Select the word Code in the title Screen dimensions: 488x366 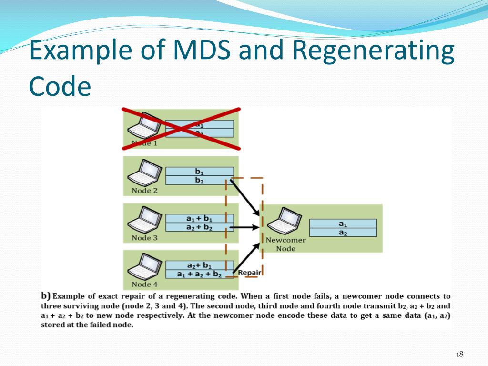pyautogui.click(x=60, y=86)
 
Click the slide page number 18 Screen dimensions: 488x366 pyautogui.click(x=460, y=354)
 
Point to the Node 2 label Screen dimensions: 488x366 pyautogui.click(x=144, y=191)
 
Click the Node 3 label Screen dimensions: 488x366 pyautogui.click(x=144, y=238)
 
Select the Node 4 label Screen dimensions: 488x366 pyautogui.click(x=144, y=285)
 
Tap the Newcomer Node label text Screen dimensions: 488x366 pyautogui.click(x=285, y=244)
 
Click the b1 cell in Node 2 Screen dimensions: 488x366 pyautogui.click(x=200, y=172)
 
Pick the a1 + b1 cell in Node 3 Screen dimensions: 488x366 pyautogui.click(x=200, y=218)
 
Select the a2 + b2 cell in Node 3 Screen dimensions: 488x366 pyautogui.click(x=200, y=227)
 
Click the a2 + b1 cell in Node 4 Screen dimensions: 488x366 pyautogui.click(x=200, y=265)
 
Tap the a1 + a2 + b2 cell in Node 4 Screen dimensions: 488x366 pyautogui.click(x=200, y=274)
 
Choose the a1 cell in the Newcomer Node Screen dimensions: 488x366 pyautogui.click(x=343, y=224)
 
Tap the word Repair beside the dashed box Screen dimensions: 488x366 pyautogui.click(x=250, y=273)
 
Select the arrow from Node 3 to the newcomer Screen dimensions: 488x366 pyautogui.click(x=244, y=227)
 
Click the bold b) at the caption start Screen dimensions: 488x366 pyautogui.click(x=46, y=295)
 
